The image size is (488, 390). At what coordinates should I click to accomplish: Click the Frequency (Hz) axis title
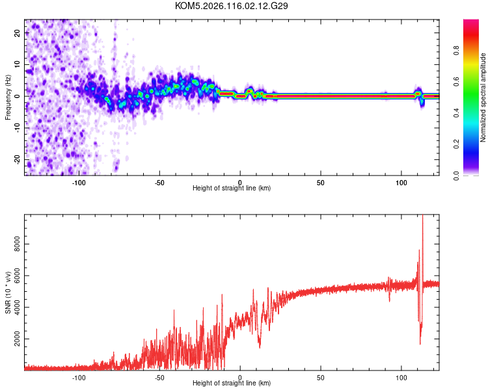(8, 97)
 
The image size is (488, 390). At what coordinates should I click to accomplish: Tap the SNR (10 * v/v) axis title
(8, 292)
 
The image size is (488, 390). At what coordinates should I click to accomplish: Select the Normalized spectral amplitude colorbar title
(483, 97)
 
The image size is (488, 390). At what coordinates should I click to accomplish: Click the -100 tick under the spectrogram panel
(79, 183)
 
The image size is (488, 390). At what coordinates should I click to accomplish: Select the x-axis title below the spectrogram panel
(232, 188)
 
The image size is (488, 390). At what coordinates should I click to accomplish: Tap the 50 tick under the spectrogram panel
(321, 183)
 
